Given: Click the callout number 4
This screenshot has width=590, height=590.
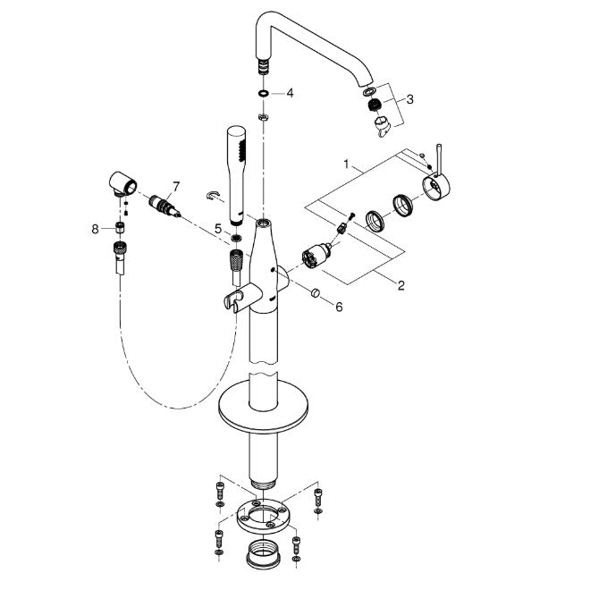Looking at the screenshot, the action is (290, 93).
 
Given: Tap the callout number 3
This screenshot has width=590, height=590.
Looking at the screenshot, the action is (409, 99).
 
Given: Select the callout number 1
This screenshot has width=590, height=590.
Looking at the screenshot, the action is (346, 164).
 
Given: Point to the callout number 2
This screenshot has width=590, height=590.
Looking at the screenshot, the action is (401, 285).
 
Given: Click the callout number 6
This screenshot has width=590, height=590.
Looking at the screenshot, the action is (339, 307).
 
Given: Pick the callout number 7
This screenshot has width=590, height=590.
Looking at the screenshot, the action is (176, 186).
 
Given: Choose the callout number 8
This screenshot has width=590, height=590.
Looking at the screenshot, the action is (95, 228).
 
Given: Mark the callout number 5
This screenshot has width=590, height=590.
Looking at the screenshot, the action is (218, 228).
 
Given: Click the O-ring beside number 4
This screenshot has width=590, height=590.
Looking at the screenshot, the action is (264, 93).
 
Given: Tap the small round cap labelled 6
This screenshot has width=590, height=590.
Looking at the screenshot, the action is (316, 292).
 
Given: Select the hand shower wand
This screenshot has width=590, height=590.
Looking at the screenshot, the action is (237, 175).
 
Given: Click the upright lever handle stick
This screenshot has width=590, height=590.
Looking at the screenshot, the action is (439, 159).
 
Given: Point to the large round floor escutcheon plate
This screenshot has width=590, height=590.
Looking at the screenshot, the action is (264, 407).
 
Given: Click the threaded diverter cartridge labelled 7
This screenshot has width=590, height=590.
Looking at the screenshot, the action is (164, 206).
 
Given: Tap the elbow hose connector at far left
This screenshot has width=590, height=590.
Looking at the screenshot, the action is (123, 183).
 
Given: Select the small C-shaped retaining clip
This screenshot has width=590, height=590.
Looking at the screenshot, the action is (213, 196).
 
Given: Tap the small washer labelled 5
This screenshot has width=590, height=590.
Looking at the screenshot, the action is (237, 238).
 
